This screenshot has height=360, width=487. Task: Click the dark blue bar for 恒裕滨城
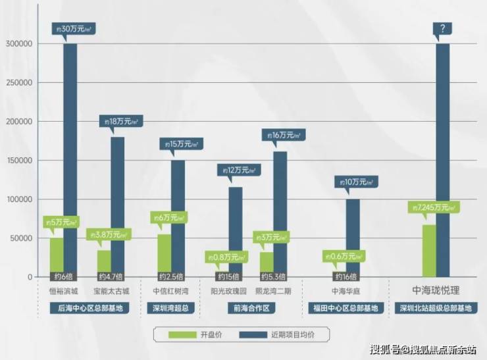[x=70, y=158]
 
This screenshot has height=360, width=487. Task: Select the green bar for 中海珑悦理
[x=429, y=250]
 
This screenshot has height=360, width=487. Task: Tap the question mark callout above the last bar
[x=442, y=30]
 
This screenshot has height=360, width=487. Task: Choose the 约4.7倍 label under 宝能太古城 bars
[x=109, y=276]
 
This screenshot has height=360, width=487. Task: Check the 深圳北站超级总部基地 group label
[x=435, y=308]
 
